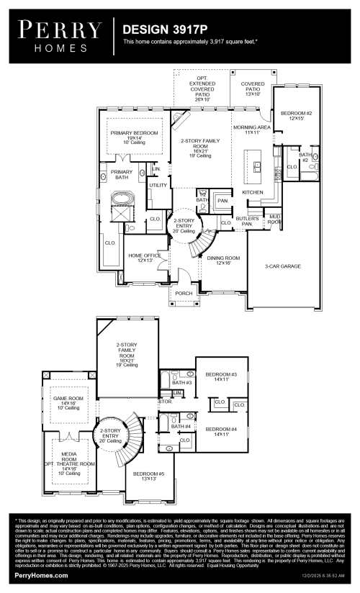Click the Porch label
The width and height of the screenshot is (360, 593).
tap(184, 293)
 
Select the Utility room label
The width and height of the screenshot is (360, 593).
tap(158, 186)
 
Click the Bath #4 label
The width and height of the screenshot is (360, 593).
tap(181, 427)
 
